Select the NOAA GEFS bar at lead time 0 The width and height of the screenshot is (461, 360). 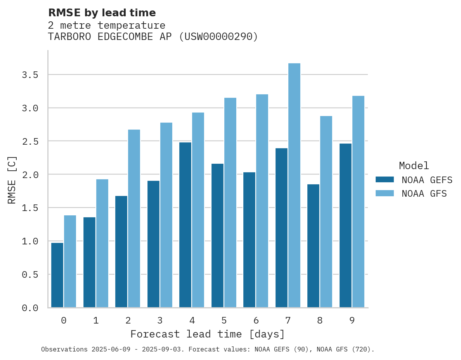click(x=57, y=275)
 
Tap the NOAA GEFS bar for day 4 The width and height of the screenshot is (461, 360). click(x=185, y=225)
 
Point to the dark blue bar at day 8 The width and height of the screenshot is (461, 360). click(x=313, y=246)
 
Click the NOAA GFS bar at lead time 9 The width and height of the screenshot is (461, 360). click(x=358, y=202)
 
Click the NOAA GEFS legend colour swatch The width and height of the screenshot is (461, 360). click(x=385, y=180)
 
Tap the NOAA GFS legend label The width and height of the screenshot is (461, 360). click(x=424, y=194)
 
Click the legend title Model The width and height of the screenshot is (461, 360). click(x=414, y=166)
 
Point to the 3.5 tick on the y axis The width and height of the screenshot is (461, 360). click(x=30, y=74)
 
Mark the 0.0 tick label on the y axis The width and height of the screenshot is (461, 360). click(x=30, y=308)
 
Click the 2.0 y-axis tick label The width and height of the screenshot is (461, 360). click(x=30, y=175)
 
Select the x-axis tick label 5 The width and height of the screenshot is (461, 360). click(x=224, y=320)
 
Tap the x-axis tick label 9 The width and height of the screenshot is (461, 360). click(x=352, y=320)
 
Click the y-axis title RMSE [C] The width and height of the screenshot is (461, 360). click(x=12, y=180)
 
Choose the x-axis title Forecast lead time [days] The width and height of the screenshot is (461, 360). click(x=208, y=334)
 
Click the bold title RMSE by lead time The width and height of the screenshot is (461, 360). click(x=102, y=13)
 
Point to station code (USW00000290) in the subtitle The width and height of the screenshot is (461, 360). click(x=218, y=37)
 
